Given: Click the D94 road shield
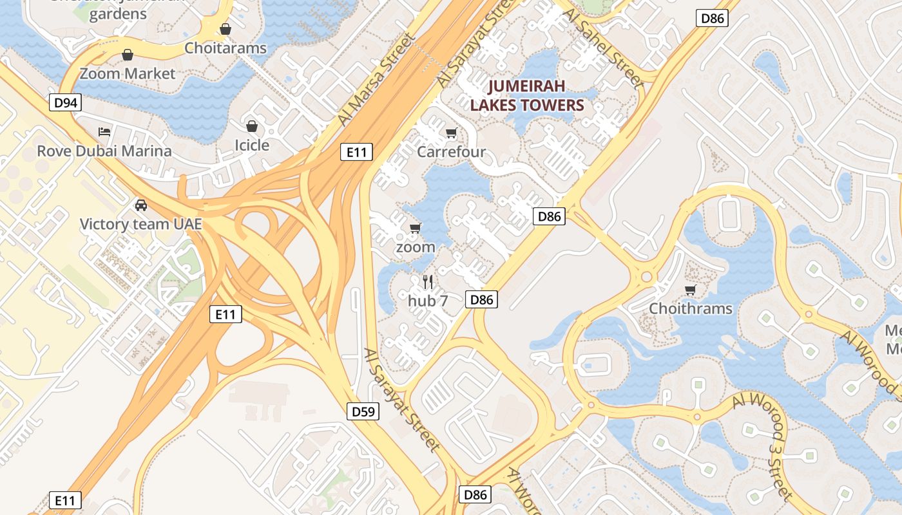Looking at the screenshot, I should point(66,102).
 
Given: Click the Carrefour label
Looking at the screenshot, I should point(451,152).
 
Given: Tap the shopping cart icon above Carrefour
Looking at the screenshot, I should point(452,133).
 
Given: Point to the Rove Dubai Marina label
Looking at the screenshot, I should point(104,151).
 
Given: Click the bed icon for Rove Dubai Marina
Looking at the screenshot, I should point(104,132).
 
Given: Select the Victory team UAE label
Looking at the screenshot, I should point(140,224).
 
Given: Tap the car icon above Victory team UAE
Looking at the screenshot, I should point(140,205).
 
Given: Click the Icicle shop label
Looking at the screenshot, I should point(252,145).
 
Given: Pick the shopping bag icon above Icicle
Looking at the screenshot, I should point(252,126).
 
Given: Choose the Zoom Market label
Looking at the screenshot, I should point(128,73).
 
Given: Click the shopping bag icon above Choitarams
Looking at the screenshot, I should point(225,30).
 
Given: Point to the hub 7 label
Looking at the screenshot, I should point(428,300).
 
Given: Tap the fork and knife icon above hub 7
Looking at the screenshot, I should point(428,281).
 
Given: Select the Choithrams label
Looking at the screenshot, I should point(691,308).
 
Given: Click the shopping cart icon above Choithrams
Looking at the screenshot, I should point(691,290).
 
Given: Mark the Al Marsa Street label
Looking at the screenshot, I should point(376,80).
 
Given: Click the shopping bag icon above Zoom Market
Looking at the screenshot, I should point(128,55).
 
